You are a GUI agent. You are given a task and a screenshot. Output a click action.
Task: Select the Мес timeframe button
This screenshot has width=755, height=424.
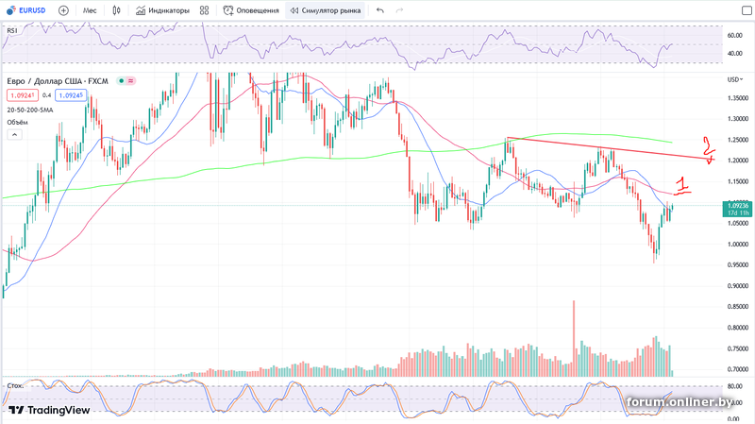[90, 10]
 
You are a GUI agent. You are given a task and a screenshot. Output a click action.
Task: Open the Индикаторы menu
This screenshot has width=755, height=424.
[162, 10]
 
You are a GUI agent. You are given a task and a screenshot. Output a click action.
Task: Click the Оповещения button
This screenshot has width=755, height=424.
[252, 10]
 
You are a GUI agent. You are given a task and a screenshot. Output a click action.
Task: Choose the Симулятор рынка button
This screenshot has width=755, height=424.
[326, 10]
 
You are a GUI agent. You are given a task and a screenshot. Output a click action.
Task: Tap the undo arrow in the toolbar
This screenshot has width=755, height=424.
[379, 10]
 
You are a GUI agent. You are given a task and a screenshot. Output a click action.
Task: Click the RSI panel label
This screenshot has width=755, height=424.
[12, 30]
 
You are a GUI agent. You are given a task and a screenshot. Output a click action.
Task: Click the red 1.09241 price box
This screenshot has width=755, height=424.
[23, 95]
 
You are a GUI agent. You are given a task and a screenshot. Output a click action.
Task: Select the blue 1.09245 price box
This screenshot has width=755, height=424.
[69, 95]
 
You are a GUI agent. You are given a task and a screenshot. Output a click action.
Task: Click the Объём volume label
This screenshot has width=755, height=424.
[17, 122]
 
